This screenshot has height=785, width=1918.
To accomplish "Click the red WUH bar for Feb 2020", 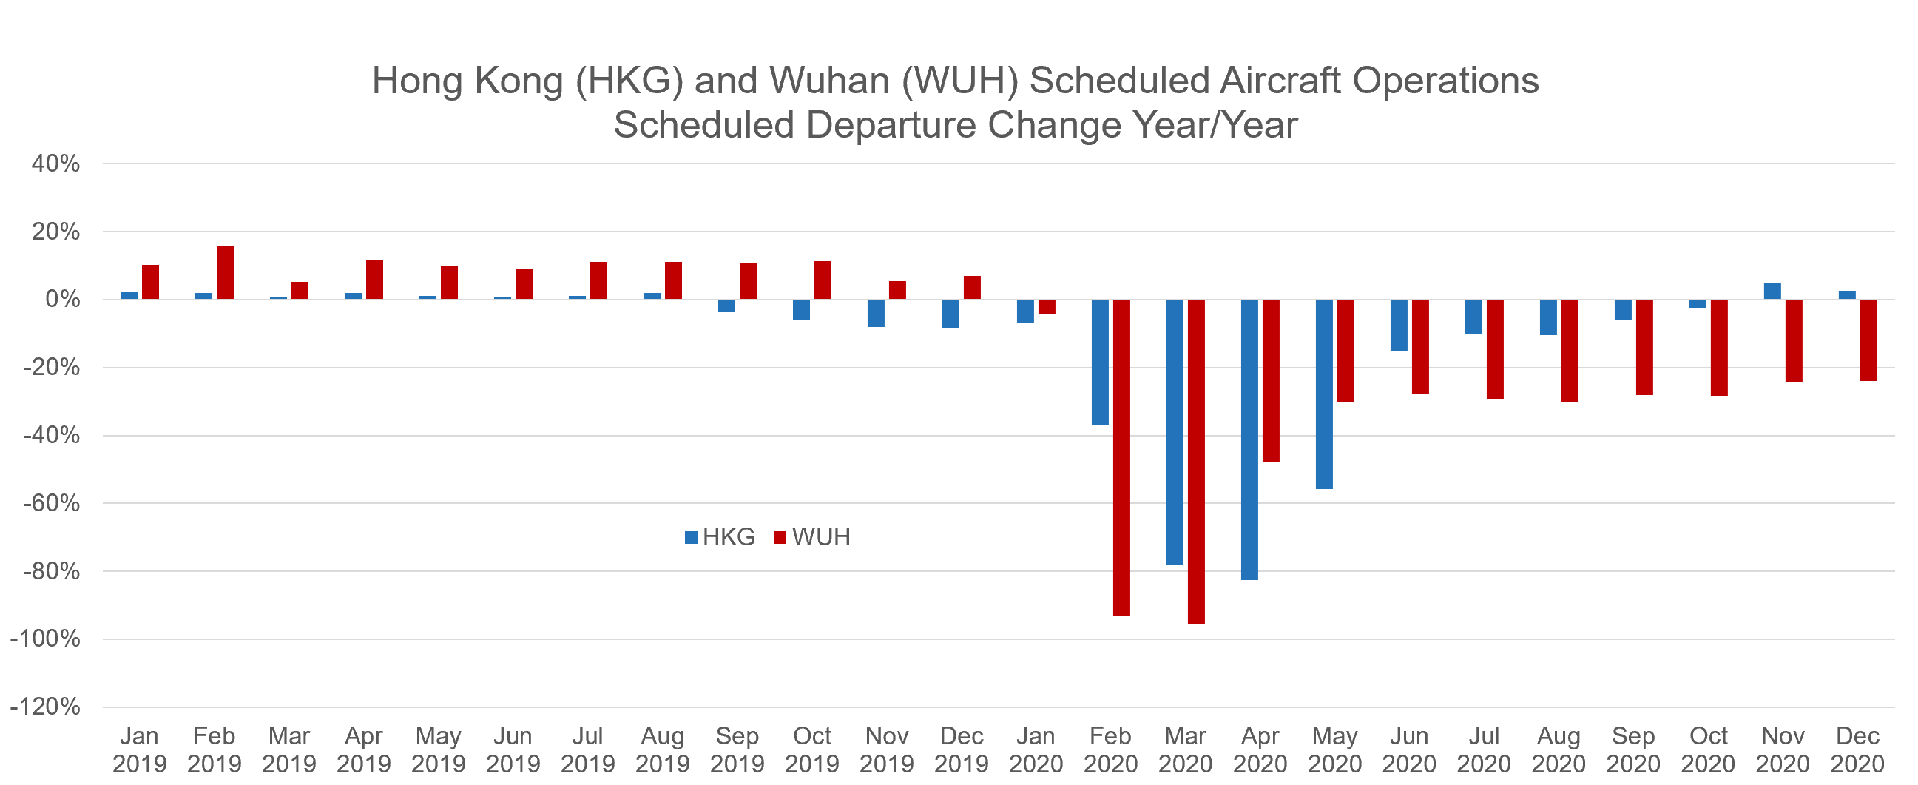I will [x=1121, y=457].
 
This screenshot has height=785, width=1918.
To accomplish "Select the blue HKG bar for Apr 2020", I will [x=1249, y=439].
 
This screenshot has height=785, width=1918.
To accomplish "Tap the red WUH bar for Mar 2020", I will [x=1196, y=461].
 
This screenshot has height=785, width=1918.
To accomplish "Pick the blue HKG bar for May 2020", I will [x=1324, y=394].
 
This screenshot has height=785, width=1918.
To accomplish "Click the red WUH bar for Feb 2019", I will [x=225, y=272].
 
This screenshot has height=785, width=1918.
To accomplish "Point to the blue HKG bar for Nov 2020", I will [x=1772, y=292].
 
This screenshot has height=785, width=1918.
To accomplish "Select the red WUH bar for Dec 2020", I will [x=1868, y=340].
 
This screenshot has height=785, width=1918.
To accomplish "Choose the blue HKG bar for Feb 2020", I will [x=1100, y=362].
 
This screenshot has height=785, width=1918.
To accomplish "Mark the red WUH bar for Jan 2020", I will [x=1047, y=307].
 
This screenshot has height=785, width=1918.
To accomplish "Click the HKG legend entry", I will [x=720, y=537].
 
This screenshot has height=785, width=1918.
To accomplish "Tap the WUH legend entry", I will [x=812, y=537].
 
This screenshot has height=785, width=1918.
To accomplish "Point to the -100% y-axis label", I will [x=45, y=639].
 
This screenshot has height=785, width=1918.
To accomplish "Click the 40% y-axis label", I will [x=55, y=163].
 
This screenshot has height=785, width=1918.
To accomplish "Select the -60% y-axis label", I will [x=50, y=503].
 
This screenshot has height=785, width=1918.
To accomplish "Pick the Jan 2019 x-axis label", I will [x=139, y=749].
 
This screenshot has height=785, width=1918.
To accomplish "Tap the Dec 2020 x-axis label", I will [x=1857, y=749].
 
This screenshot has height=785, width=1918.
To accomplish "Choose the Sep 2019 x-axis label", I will [x=737, y=749].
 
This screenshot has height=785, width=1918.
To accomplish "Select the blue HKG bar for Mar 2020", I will [x=1174, y=432].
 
